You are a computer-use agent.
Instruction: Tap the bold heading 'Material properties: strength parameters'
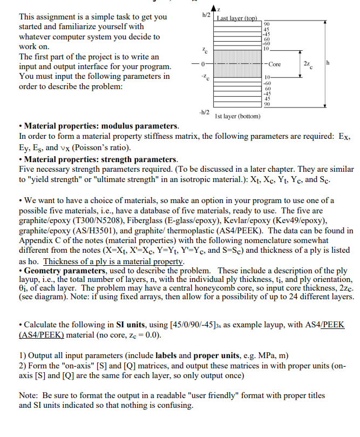100,159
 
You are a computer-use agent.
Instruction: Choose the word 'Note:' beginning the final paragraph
31,395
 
